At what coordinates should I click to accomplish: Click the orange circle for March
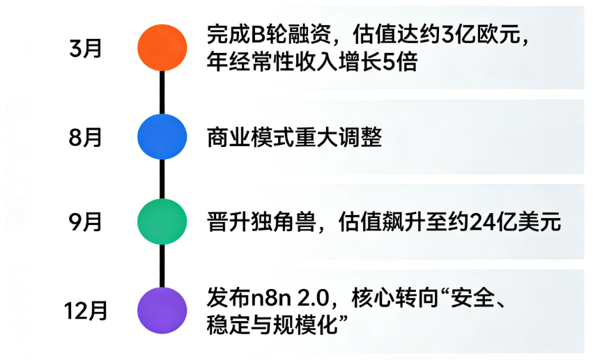coord(162,47)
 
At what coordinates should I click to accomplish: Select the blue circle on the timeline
coord(162,136)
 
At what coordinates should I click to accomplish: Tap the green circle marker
coord(162,221)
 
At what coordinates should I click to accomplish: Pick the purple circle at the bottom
coord(162,309)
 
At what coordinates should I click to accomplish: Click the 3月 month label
coord(86,48)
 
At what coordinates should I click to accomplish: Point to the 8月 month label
coord(86,137)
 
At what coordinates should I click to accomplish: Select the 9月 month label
coord(86,223)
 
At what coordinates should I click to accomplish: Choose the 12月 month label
coord(86,311)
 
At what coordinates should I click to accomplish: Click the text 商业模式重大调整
coord(294,137)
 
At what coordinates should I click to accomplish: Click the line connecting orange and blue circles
coord(162,91)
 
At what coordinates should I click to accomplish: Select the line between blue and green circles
coord(162,179)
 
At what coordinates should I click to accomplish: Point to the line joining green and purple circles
coord(162,265)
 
